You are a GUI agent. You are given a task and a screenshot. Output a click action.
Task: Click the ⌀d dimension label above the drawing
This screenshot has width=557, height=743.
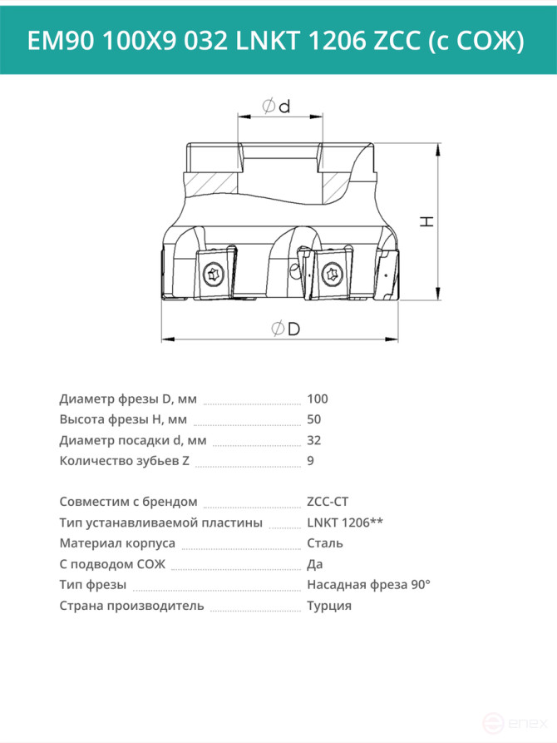(x=277, y=106)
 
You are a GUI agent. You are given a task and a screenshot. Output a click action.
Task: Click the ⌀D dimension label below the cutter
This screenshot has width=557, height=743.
(x=286, y=329)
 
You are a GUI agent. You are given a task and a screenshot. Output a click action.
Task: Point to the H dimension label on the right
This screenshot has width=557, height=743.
(x=427, y=220)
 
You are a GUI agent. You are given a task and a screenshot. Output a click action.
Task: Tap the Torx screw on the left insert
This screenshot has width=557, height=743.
(x=212, y=275)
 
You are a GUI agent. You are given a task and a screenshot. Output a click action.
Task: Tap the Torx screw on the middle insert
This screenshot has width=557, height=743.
(x=331, y=274)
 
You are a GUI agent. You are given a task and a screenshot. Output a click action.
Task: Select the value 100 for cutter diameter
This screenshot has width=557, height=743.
(x=318, y=399)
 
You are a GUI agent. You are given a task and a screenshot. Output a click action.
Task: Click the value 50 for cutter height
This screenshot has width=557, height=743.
(x=314, y=419)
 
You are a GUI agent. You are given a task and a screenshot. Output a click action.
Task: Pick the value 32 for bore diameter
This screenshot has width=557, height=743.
(x=314, y=440)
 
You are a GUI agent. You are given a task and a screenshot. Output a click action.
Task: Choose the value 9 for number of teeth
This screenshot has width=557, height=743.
(x=310, y=461)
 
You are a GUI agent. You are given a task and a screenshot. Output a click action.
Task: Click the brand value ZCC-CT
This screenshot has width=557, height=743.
(x=328, y=502)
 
